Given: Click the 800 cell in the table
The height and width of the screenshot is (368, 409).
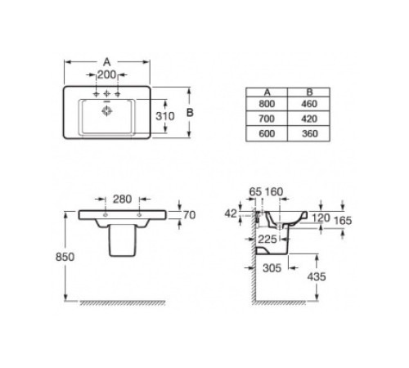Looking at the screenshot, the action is [267, 104].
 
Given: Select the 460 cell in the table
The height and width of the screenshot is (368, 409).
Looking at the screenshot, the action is [309, 104].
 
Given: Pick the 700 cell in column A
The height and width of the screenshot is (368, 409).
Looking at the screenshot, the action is [267, 119].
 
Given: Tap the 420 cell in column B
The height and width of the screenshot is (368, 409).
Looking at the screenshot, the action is [309, 119].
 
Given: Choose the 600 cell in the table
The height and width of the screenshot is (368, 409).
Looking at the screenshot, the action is [267, 133].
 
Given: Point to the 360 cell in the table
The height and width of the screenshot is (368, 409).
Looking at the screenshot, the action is [309, 133].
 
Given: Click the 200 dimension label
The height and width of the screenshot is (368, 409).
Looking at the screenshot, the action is [106, 74].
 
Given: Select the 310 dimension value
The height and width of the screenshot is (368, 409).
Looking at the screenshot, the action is [164, 116].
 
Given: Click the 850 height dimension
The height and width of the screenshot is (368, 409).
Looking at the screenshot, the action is [65, 257].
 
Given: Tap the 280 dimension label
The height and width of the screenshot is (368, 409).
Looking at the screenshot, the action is [123, 200].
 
